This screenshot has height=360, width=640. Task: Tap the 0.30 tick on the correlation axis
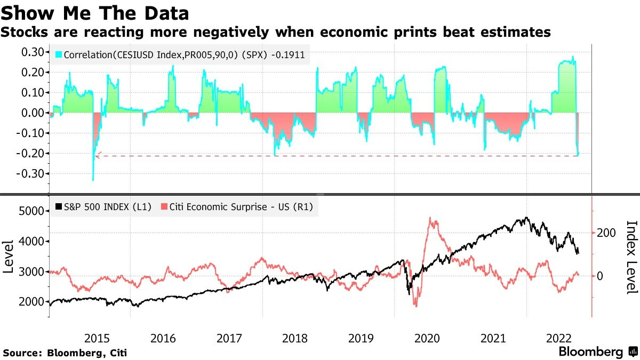pos(32,52)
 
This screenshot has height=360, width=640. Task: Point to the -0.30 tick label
pos(30,174)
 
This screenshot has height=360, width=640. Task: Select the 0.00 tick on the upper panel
pos(32,113)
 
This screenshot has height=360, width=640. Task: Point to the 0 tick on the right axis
pos(601,276)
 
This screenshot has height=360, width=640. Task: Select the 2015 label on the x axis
pos(97,338)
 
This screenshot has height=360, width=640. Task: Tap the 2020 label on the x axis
pos(427,338)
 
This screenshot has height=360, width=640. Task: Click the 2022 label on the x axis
pos(559,338)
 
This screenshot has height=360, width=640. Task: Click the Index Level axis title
pos(631,257)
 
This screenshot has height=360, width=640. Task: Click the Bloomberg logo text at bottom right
pos(590,352)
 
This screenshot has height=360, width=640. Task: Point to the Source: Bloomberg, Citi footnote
pos(65,353)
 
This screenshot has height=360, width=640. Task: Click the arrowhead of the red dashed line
pos(97,156)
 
